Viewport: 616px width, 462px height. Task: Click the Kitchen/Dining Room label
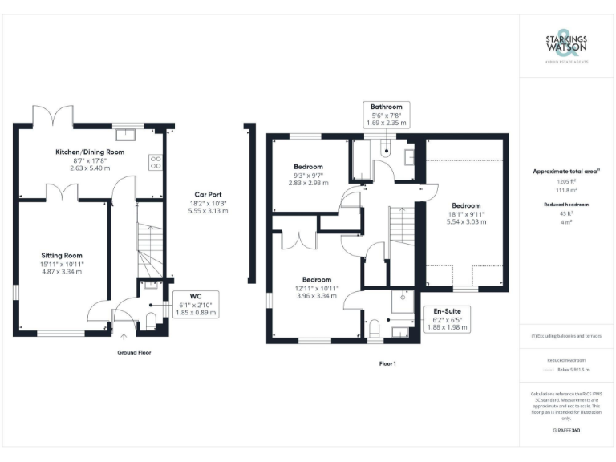click(89, 152)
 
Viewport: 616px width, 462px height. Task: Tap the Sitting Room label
click(62, 256)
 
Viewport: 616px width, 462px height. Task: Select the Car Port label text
click(208, 195)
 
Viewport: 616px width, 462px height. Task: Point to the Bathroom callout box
click(386, 115)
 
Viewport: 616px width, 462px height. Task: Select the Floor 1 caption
click(388, 363)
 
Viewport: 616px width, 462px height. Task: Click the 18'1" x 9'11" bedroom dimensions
click(465, 214)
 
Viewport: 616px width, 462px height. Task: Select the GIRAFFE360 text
click(566, 431)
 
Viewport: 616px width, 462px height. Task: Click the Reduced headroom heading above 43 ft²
click(566, 205)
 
